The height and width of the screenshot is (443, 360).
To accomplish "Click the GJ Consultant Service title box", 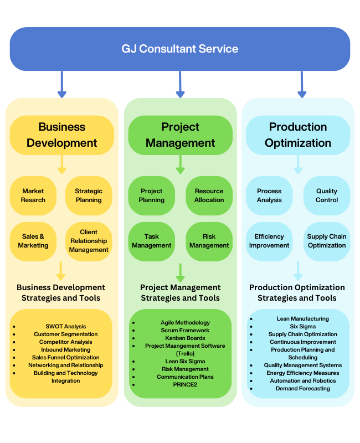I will click(180, 49).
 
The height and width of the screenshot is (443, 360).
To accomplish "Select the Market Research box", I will click(33, 195).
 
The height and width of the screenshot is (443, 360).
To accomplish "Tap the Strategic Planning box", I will click(89, 195).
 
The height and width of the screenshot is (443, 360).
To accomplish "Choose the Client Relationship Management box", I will click(89, 241).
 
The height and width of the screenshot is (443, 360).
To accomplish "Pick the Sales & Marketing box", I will click(33, 241).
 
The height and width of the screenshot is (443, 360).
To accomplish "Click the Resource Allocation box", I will click(209, 195).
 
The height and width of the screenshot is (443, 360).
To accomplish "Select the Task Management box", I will click(152, 241).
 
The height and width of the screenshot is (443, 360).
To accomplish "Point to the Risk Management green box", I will click(209, 241).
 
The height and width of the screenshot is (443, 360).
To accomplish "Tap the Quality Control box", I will click(327, 195).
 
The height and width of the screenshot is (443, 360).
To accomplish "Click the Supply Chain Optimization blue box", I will click(327, 241).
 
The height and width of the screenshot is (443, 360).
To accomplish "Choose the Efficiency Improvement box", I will click(269, 241).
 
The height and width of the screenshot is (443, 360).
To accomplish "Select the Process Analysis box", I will click(269, 195).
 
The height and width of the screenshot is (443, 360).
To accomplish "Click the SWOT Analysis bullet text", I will click(66, 327).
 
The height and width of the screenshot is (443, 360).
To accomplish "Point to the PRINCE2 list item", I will click(185, 385).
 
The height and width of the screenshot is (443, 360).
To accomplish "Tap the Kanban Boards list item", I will click(185, 338).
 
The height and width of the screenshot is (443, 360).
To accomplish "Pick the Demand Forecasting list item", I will click(302, 389).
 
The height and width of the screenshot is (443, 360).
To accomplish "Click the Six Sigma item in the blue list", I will click(302, 327).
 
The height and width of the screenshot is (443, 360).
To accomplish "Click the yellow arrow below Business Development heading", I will click(61, 164).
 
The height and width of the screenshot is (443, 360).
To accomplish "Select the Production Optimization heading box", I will click(298, 135).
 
